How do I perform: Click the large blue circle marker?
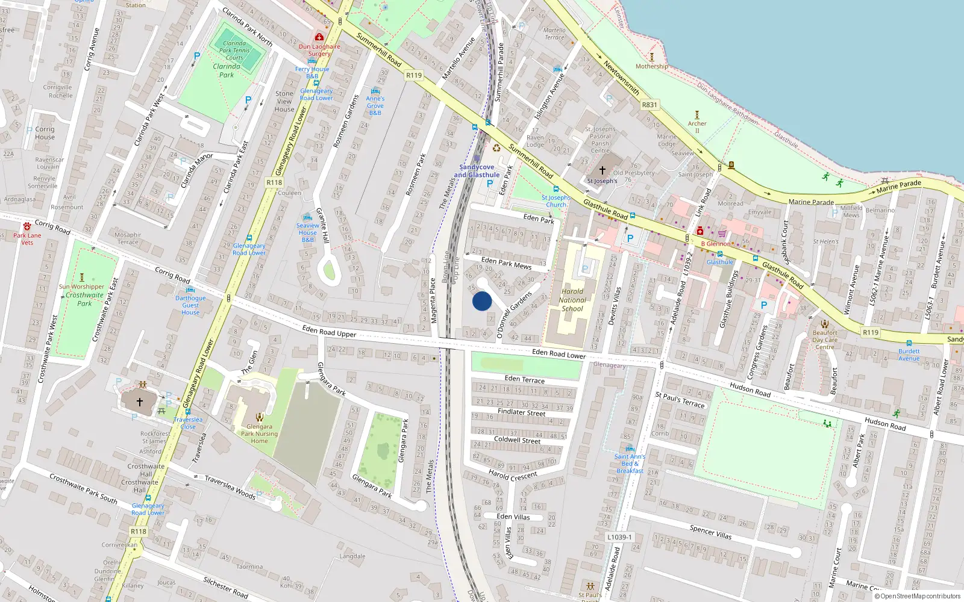click(x=482, y=301)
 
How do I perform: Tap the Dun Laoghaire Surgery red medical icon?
click(x=319, y=37)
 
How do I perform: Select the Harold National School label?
click(x=572, y=300)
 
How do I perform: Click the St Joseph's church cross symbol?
click(x=602, y=170)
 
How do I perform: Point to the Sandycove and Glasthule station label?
click(x=477, y=171)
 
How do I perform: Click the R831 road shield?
click(x=649, y=105)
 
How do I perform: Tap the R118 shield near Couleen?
click(x=274, y=182)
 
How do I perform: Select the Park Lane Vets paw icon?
click(x=27, y=226)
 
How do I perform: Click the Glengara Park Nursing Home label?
click(x=259, y=433)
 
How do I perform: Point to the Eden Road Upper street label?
click(x=329, y=330)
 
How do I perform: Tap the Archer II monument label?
click(x=697, y=126)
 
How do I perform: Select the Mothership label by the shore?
click(x=651, y=66)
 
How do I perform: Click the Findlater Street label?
click(x=521, y=412)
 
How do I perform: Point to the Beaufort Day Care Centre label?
click(x=825, y=340)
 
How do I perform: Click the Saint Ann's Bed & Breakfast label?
click(x=630, y=464)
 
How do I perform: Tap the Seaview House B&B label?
click(x=307, y=232)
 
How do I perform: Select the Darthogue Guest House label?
click(x=190, y=305)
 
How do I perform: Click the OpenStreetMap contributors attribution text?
click(x=918, y=596)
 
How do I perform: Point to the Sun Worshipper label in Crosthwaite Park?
click(x=81, y=287)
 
